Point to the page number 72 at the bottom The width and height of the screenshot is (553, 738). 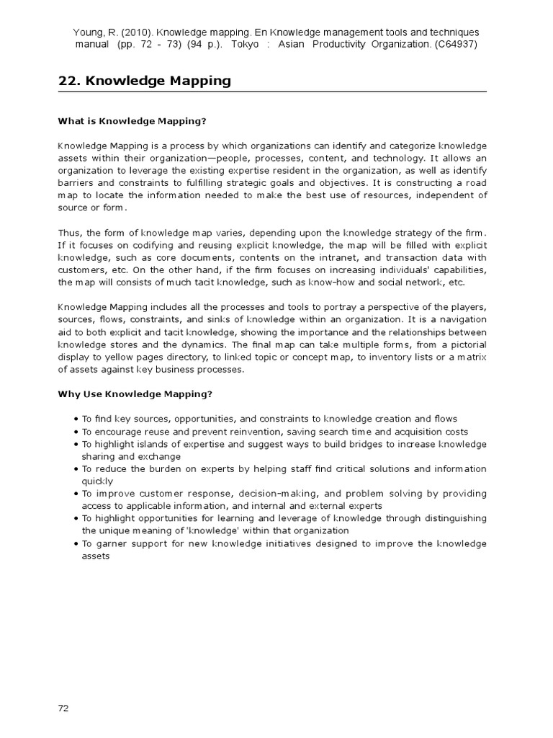pos(63,708)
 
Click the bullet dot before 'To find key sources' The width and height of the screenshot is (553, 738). pos(76,419)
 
